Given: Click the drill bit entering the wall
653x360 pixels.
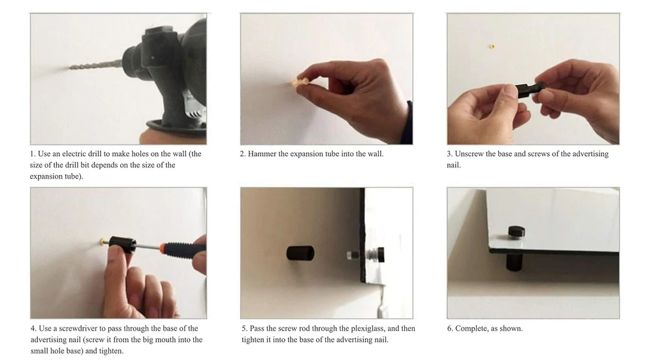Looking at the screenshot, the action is pos(97,65).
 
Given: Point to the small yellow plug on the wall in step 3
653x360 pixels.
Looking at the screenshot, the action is pos(492,46).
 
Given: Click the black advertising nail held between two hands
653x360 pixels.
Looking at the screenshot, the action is pos(530,90).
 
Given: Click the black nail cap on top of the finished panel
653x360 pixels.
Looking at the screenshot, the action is pos(516,232).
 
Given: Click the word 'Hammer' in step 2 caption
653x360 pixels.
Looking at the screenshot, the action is pos(262,154).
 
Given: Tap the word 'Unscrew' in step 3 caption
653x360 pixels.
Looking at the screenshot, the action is pos(470,154).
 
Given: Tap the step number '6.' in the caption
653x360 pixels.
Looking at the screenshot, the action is pos(450,329).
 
